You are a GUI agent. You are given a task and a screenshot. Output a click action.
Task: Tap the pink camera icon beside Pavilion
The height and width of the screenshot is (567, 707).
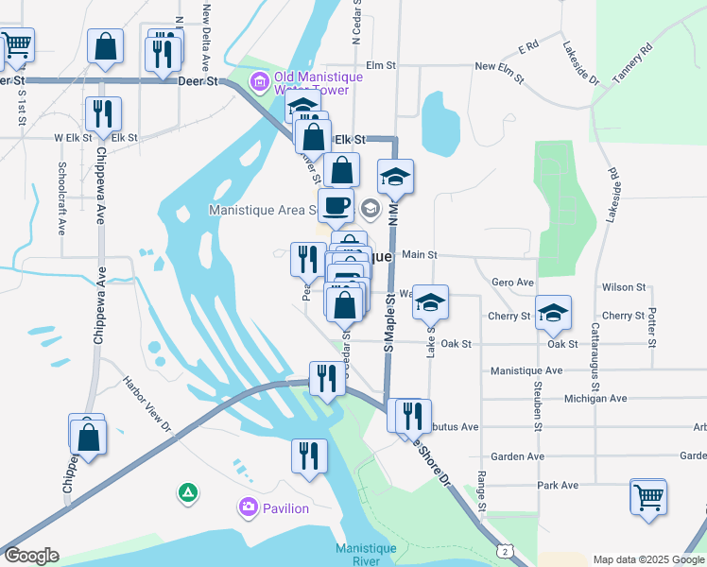pyautogui.click(x=249, y=508)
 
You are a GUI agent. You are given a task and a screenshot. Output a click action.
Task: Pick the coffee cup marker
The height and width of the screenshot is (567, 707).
pyautogui.click(x=335, y=204)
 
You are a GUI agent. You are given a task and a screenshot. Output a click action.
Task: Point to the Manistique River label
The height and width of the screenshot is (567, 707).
pyautogui.click(x=359, y=555)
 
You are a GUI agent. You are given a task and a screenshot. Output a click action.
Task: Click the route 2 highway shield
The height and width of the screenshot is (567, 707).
pyautogui.click(x=508, y=550)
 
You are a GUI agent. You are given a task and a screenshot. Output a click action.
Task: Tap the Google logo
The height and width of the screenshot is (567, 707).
pyautogui.click(x=31, y=556)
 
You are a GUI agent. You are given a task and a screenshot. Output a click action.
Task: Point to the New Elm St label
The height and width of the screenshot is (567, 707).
pyautogui.click(x=498, y=66)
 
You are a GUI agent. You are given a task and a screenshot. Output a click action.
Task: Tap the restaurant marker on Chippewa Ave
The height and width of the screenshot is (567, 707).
pyautogui.click(x=101, y=113)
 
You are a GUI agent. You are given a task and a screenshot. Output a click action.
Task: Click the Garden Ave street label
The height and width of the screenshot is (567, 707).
pyautogui.click(x=523, y=456)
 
